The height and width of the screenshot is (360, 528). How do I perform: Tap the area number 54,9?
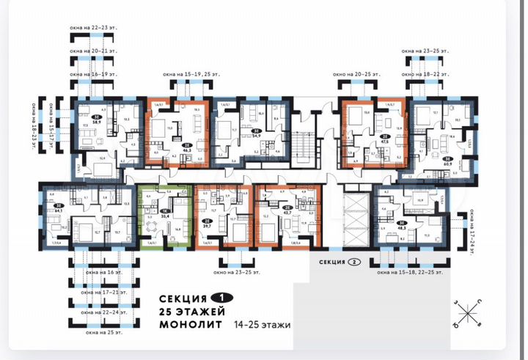click(x=256, y=136)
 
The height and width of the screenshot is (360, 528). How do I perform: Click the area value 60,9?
click(x=447, y=164)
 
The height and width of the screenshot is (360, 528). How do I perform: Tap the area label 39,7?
click(x=209, y=226)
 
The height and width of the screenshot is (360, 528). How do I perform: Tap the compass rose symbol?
click(x=467, y=315)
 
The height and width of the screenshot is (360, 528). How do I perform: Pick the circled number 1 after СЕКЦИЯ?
click(x=217, y=298)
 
